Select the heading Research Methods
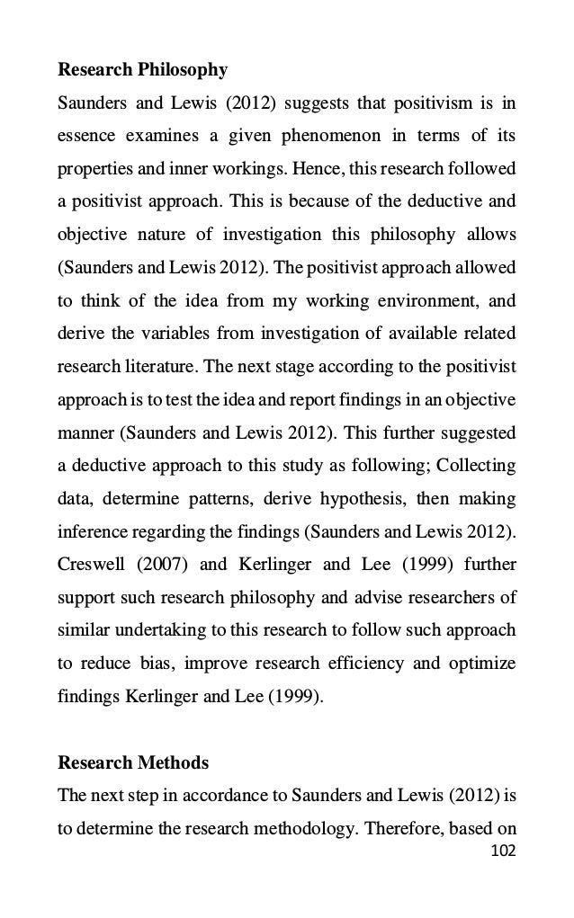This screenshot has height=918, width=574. click(133, 763)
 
